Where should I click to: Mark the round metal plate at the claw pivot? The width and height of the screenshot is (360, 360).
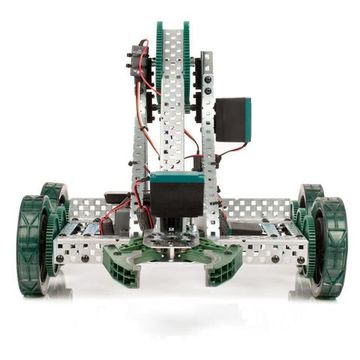tap(178, 241)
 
